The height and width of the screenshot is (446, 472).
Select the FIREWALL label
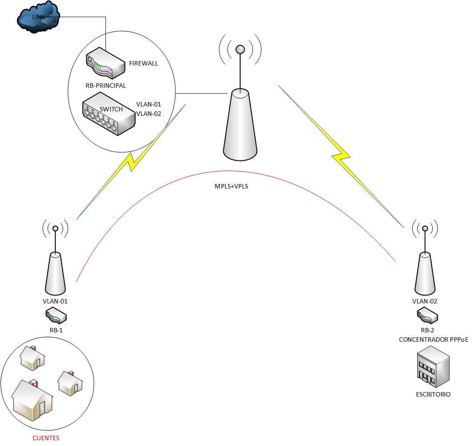point(143,63)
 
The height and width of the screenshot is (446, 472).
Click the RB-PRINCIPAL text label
point(106,86)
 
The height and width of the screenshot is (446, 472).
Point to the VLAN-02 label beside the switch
point(148,113)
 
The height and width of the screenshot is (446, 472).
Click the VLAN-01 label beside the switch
point(148,104)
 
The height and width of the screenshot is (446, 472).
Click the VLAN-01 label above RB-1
point(55,301)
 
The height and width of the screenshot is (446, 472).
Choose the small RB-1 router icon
point(56,317)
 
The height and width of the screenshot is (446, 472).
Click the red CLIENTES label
point(45,438)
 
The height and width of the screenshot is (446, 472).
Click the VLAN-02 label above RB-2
point(425,301)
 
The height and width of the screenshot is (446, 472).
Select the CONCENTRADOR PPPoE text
point(427,340)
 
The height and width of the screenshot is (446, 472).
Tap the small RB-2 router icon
point(427,317)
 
